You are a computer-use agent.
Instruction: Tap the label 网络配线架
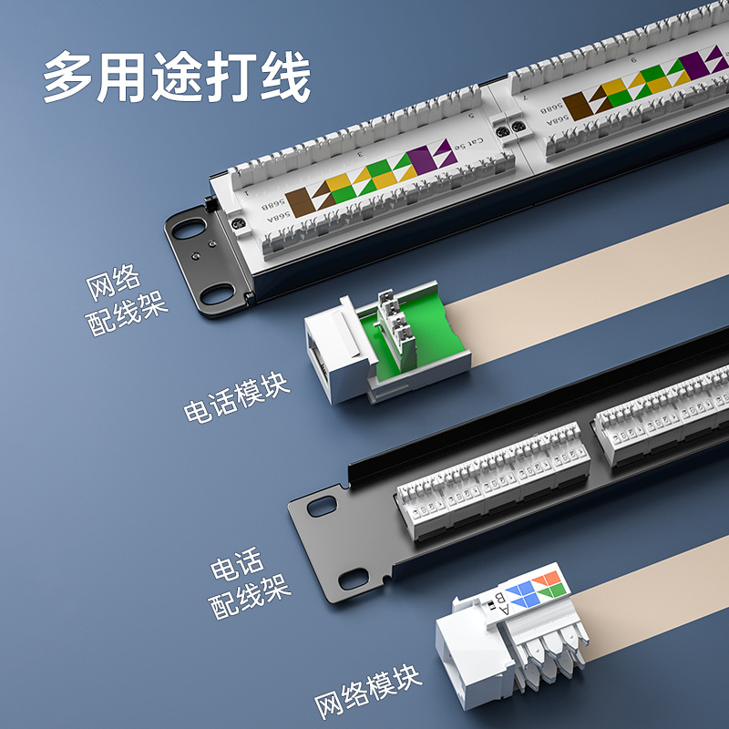128,302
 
